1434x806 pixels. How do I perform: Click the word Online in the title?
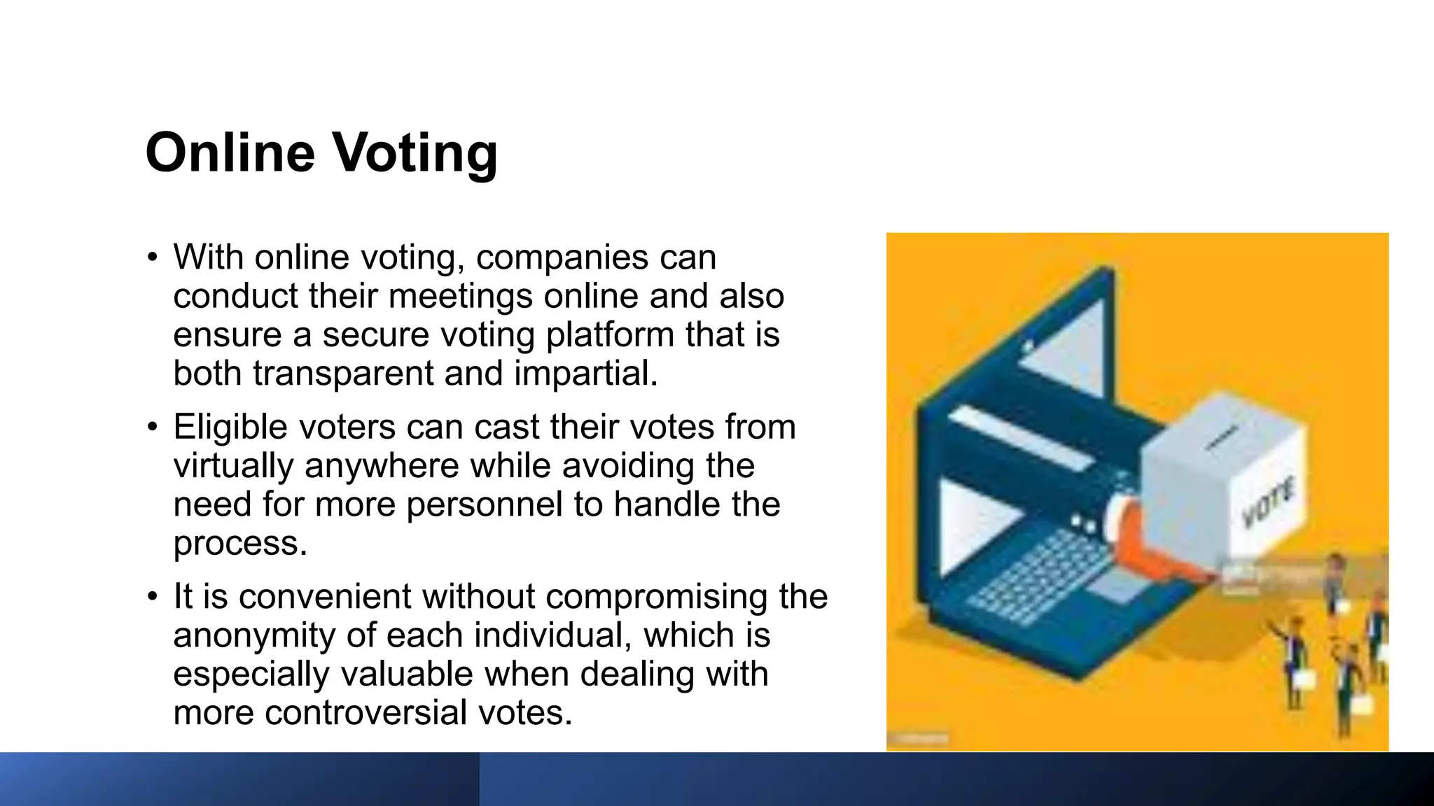pyautogui.click(x=230, y=153)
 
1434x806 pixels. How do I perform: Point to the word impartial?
pyautogui.click(x=586, y=373)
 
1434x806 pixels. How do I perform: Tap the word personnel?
pyautogui.click(x=484, y=504)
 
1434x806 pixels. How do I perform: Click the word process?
pyautogui.click(x=240, y=544)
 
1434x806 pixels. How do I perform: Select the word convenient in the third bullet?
pyautogui.click(x=325, y=597)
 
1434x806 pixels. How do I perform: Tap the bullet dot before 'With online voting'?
pyautogui.click(x=153, y=257)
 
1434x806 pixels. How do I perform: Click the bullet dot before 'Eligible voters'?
pyautogui.click(x=153, y=427)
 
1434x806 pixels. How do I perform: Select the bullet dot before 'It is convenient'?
pyautogui.click(x=153, y=597)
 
